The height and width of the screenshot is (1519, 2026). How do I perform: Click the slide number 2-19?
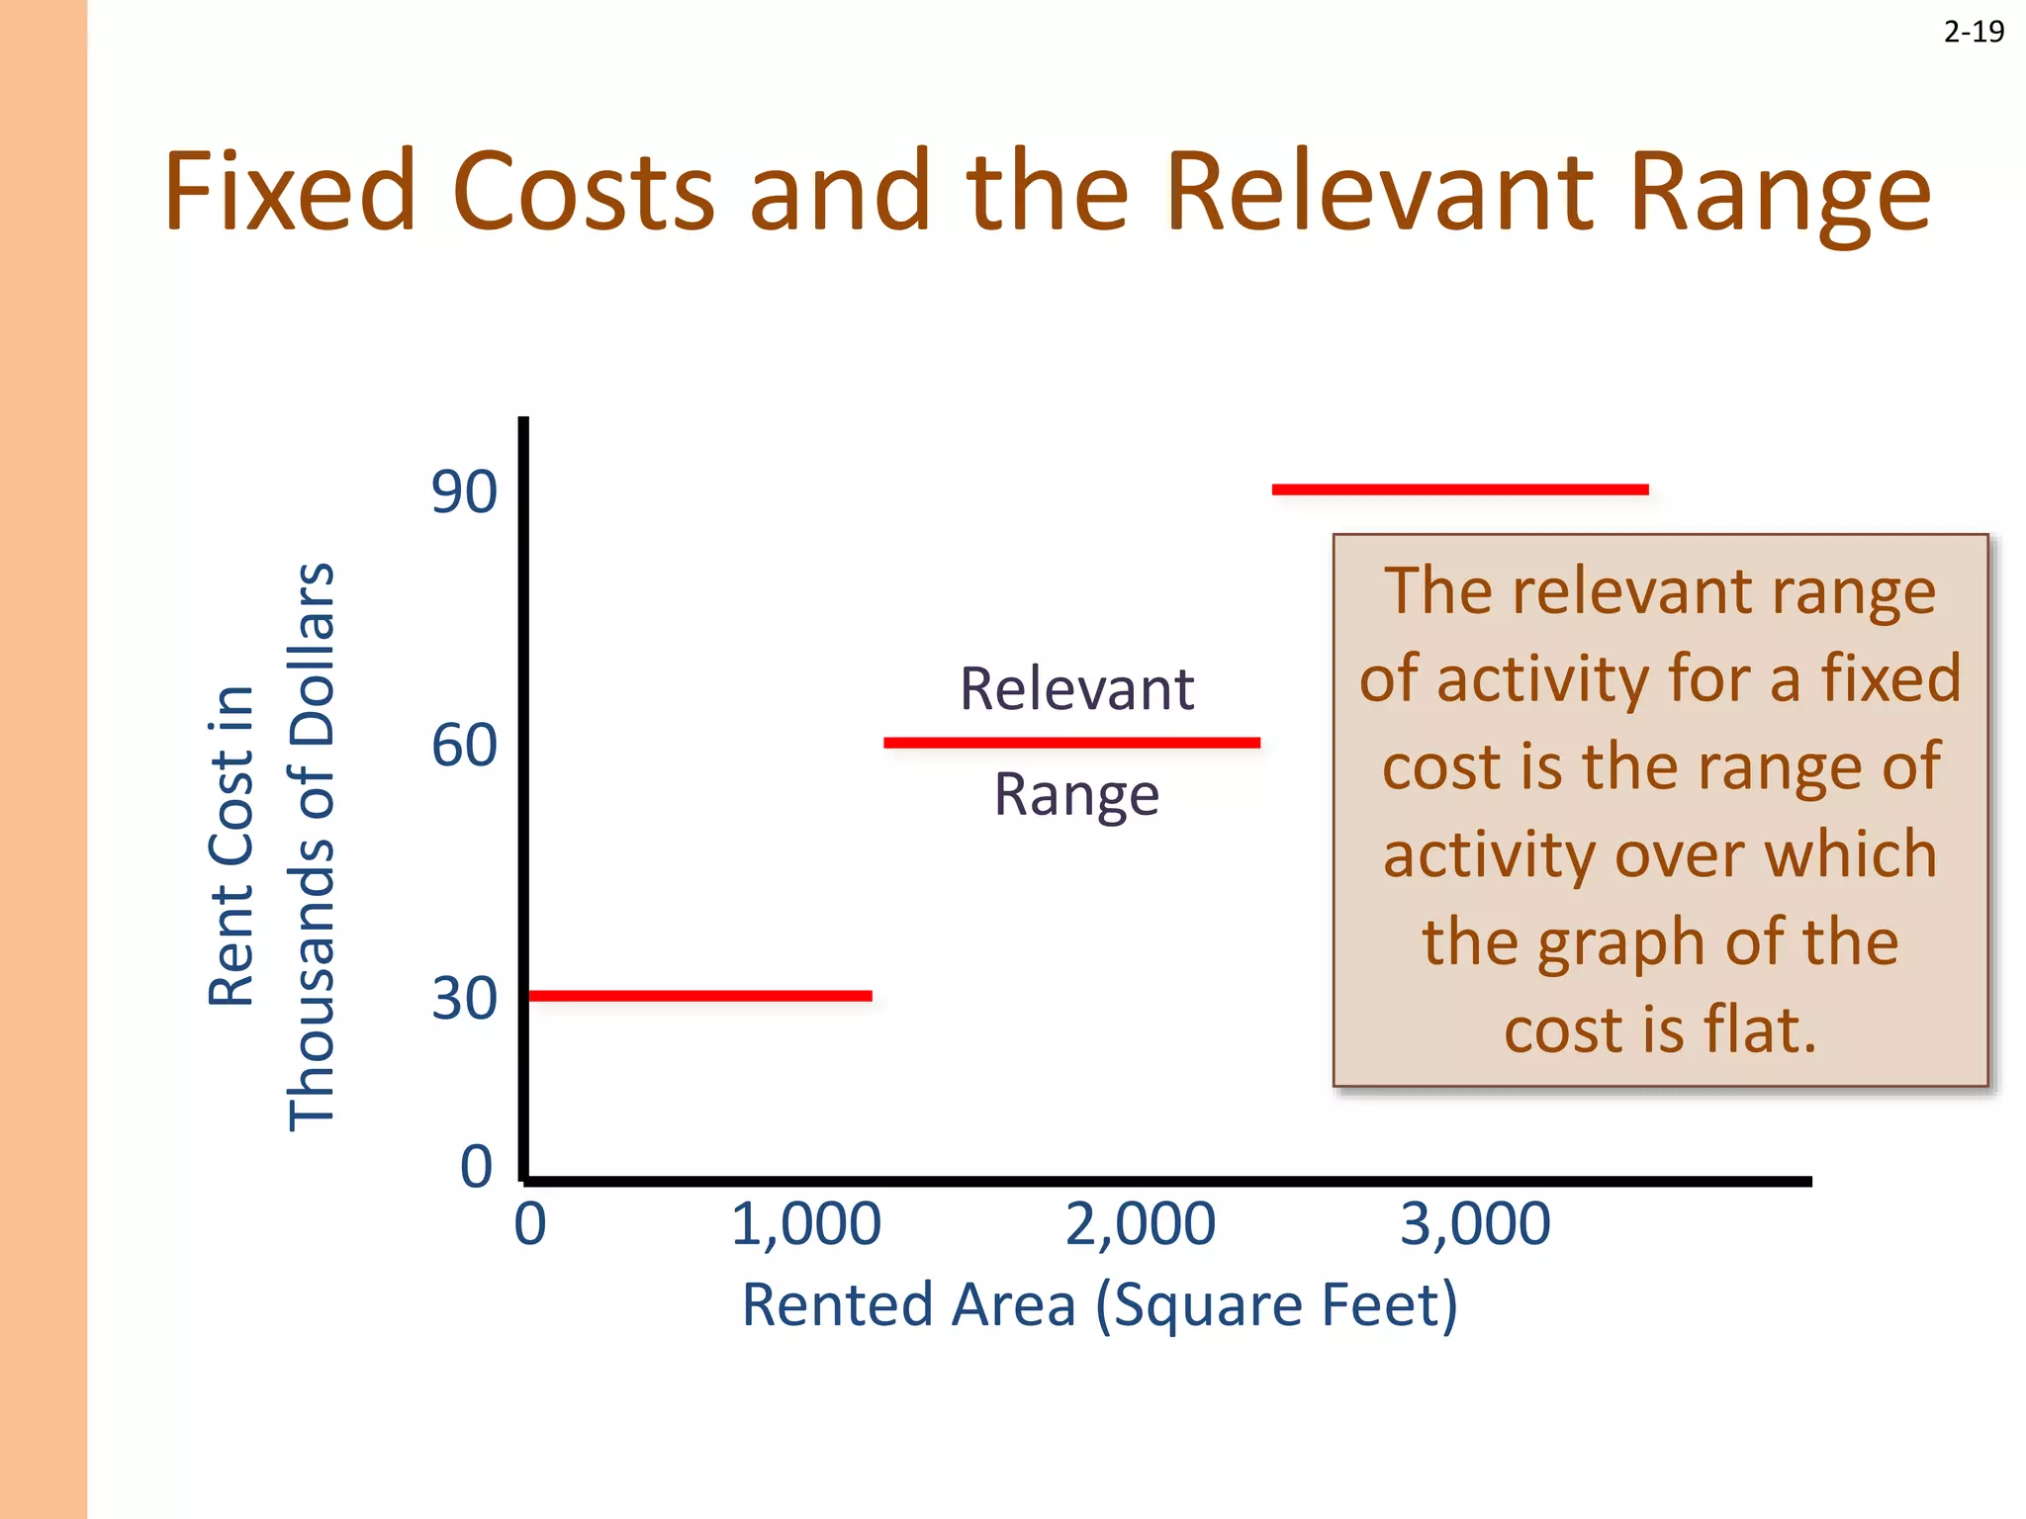click(x=1974, y=33)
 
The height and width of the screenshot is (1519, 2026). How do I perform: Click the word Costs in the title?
click(x=583, y=190)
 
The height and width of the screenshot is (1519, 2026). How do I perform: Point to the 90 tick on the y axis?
click(x=463, y=491)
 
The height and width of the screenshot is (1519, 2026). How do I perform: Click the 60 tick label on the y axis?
click(x=463, y=745)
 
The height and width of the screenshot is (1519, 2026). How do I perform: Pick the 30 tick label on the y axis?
click(x=463, y=998)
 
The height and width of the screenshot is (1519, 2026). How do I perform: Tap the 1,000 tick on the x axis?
click(x=805, y=1223)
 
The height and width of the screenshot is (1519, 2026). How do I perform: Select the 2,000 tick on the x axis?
click(x=1140, y=1223)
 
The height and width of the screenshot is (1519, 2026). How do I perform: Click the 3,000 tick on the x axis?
click(x=1475, y=1223)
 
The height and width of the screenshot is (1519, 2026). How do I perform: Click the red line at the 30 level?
click(x=700, y=995)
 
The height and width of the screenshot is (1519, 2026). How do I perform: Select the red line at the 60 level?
click(x=1071, y=742)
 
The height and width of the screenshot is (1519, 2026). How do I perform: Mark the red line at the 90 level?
click(x=1460, y=489)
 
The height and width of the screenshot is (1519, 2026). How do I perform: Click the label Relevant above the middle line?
click(x=1076, y=688)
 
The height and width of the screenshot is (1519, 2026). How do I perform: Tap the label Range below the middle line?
click(x=1076, y=795)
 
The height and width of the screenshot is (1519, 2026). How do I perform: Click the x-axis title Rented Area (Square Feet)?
click(x=1099, y=1304)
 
